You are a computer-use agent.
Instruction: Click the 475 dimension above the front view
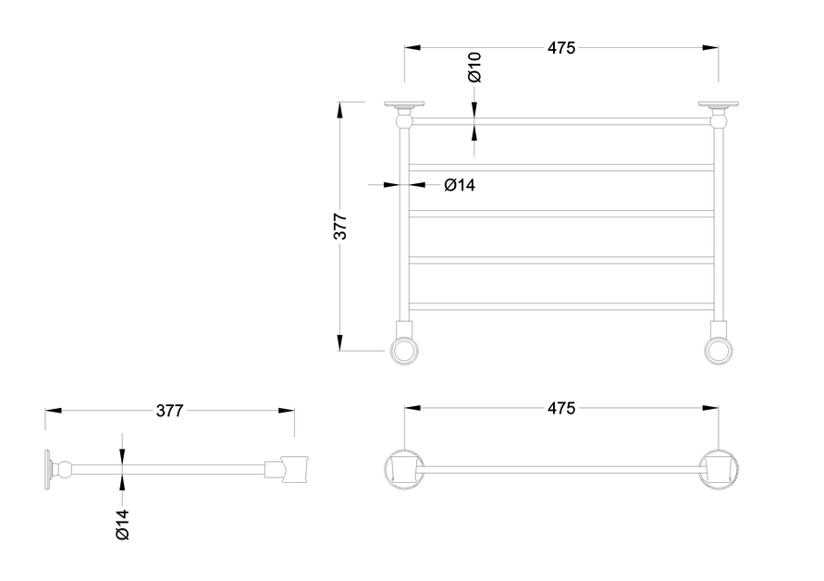click(x=560, y=48)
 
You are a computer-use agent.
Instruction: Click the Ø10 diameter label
click(x=474, y=67)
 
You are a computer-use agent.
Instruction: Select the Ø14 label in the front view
click(x=459, y=185)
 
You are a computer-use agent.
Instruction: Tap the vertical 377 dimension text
click(x=340, y=227)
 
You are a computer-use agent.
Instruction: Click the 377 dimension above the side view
click(x=169, y=411)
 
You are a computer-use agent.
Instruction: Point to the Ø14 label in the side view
click(x=122, y=525)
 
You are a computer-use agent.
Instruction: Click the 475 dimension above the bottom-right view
click(x=560, y=408)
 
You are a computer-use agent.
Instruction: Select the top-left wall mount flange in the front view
click(x=404, y=105)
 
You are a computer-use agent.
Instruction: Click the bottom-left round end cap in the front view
click(x=403, y=349)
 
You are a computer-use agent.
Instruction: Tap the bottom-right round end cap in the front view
click(x=719, y=349)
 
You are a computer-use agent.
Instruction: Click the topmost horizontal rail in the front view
click(x=560, y=121)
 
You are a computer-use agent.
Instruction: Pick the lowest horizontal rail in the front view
click(x=560, y=306)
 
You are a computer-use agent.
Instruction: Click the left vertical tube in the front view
click(x=403, y=222)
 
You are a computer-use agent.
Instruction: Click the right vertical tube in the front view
click(x=719, y=222)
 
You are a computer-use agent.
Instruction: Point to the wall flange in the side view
click(x=46, y=468)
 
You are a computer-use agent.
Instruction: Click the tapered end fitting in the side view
click(x=293, y=468)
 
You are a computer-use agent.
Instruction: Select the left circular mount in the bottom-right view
click(x=403, y=469)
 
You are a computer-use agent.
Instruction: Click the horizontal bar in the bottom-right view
click(x=560, y=469)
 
